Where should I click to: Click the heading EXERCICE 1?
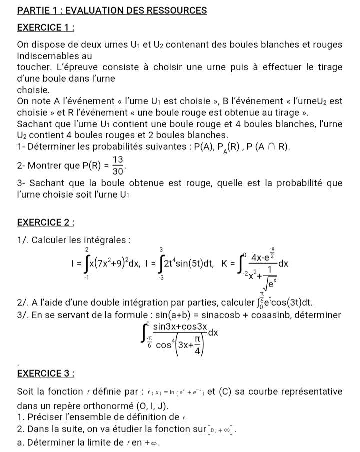point(45,28)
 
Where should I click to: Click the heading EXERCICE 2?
point(45,222)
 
